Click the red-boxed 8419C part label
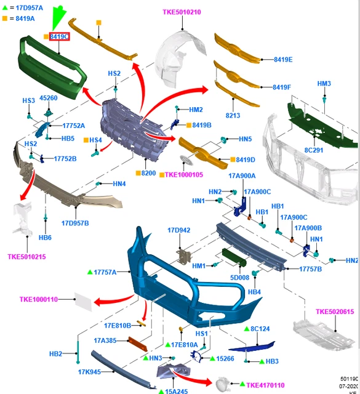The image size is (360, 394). point(59,37)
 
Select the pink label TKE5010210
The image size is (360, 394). point(182,12)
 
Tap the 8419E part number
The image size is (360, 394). point(283,60)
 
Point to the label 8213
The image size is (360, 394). point(233,115)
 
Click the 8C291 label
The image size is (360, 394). point(313,150)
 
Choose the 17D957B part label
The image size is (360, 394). point(75,223)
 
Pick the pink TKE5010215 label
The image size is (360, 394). point(26,257)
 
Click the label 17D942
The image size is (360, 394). point(179,230)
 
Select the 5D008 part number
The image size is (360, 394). point(239,278)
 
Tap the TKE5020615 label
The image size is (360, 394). point(335,312)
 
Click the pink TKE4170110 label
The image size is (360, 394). point(265,385)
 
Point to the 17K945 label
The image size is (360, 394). point(89,372)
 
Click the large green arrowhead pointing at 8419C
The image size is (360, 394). point(58,17)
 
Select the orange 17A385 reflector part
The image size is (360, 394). point(138,344)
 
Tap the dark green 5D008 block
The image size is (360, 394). point(234,257)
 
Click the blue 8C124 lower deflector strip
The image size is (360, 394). point(252,346)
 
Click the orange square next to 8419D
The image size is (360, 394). point(233,159)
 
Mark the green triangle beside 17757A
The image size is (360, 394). point(90,272)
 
